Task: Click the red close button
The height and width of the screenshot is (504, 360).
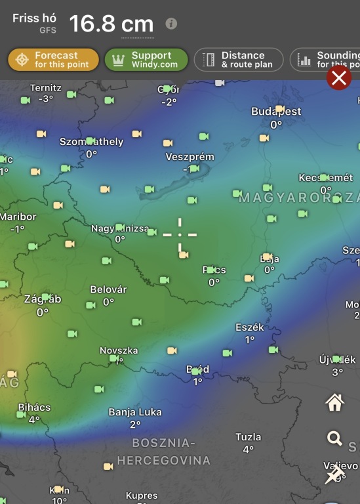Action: click(339, 78)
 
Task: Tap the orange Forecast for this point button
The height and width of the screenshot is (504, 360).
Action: click(54, 60)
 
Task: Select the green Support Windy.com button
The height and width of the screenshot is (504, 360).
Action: click(146, 60)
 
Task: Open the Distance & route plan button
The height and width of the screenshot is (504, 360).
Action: click(239, 60)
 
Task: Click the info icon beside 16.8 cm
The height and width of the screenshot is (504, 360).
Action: click(171, 24)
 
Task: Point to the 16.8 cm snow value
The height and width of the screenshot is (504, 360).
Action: click(111, 24)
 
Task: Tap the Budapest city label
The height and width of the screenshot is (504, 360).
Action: click(276, 112)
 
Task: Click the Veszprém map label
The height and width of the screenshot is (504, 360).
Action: click(190, 157)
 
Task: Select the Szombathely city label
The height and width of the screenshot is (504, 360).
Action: click(91, 142)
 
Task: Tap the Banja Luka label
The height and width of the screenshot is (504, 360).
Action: click(134, 413)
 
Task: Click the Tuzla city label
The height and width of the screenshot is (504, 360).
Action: click(249, 437)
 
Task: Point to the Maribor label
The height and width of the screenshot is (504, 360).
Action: click(18, 217)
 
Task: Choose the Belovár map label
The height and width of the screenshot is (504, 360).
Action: click(108, 289)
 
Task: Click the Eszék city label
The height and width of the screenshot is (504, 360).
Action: click(249, 327)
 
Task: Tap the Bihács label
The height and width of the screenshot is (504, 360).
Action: click(34, 408)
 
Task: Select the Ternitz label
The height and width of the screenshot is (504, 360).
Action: click(46, 88)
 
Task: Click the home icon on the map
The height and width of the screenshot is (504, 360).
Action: click(335, 403)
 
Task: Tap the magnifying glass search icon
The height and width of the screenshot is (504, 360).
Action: click(335, 438)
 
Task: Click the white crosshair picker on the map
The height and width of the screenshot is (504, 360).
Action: click(180, 234)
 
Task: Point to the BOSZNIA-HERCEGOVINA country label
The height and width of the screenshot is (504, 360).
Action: click(164, 451)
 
